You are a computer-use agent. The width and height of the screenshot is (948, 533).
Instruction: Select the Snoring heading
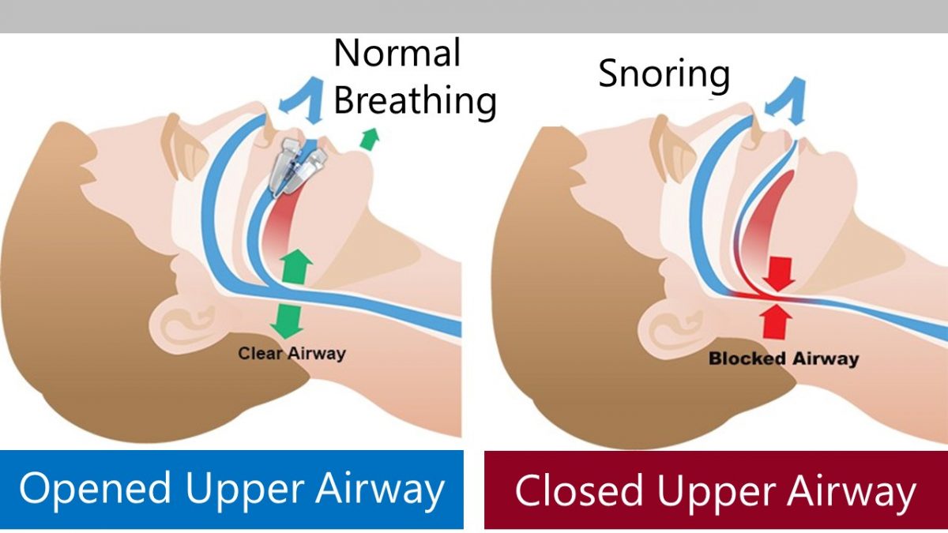pos(664,75)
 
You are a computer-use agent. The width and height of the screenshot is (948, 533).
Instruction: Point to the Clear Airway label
pos(292,354)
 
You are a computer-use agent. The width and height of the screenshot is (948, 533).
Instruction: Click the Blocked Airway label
pos(783,359)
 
